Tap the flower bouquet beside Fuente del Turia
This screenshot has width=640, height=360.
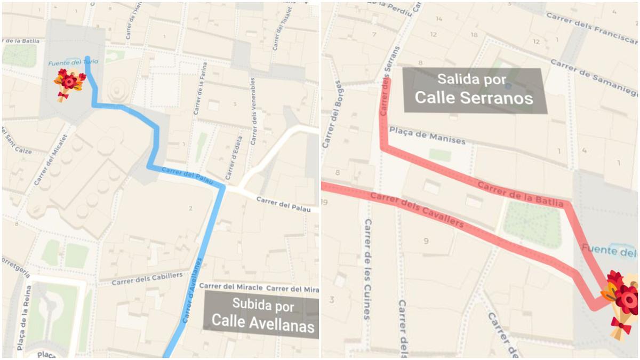pos(69,84)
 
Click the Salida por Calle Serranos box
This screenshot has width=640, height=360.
pos(475,90)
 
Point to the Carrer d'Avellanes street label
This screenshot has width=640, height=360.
pos(193,291)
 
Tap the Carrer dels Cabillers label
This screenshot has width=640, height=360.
pos(147,278)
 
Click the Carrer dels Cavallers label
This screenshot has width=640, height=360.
pos(417,210)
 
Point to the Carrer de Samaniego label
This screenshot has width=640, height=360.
pos(594,76)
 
